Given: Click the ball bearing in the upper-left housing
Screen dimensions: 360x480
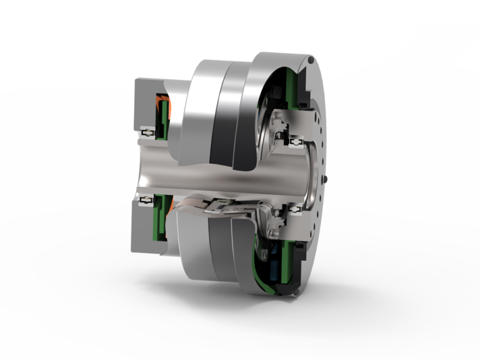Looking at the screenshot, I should click(147, 133).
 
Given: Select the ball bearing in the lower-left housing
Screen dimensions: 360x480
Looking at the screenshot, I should click(147, 200).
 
